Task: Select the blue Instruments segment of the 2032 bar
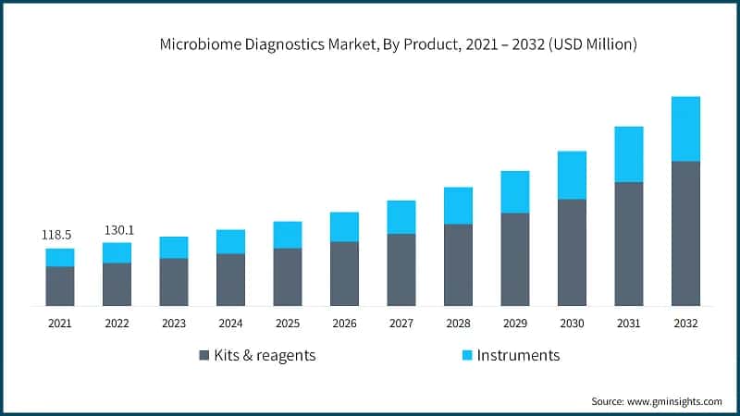[685, 128]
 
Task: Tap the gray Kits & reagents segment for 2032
[685, 233]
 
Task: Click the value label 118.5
[59, 236]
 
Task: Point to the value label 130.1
[117, 230]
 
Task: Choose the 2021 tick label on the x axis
[59, 324]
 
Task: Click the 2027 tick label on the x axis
[401, 324]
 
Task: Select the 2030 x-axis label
[572, 324]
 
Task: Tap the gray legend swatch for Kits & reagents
[203, 356]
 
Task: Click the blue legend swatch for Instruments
[467, 356]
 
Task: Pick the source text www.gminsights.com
[657, 401]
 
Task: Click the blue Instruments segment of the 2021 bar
[59, 257]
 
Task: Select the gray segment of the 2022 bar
[117, 284]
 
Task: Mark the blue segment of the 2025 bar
[288, 235]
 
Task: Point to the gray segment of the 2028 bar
[458, 264]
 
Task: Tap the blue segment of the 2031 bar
[629, 153]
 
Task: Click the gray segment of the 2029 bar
[515, 259]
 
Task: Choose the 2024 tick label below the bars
[230, 324]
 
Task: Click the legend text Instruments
[518, 356]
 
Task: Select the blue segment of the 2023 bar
[174, 247]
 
